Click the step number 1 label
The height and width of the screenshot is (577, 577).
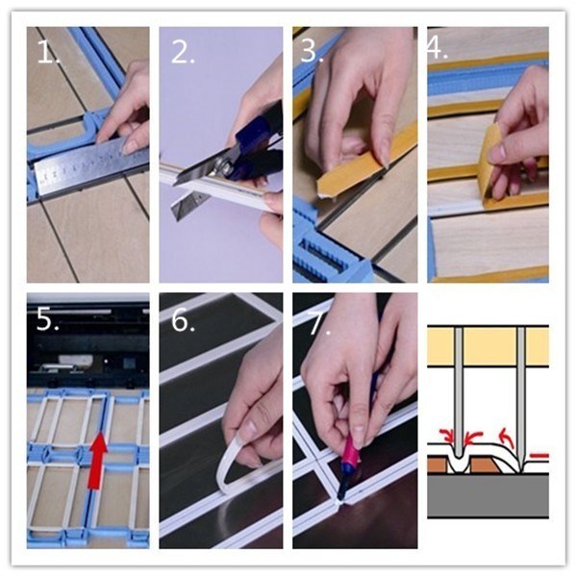click(48, 52)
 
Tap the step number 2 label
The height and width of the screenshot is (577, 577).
click(183, 52)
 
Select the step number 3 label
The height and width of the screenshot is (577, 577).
click(312, 51)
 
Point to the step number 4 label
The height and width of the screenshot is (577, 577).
click(438, 48)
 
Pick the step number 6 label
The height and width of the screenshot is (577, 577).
click(183, 320)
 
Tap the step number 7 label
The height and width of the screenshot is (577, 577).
click(319, 323)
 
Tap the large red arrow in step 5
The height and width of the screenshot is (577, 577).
click(97, 461)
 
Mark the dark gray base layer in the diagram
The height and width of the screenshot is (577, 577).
click(488, 495)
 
